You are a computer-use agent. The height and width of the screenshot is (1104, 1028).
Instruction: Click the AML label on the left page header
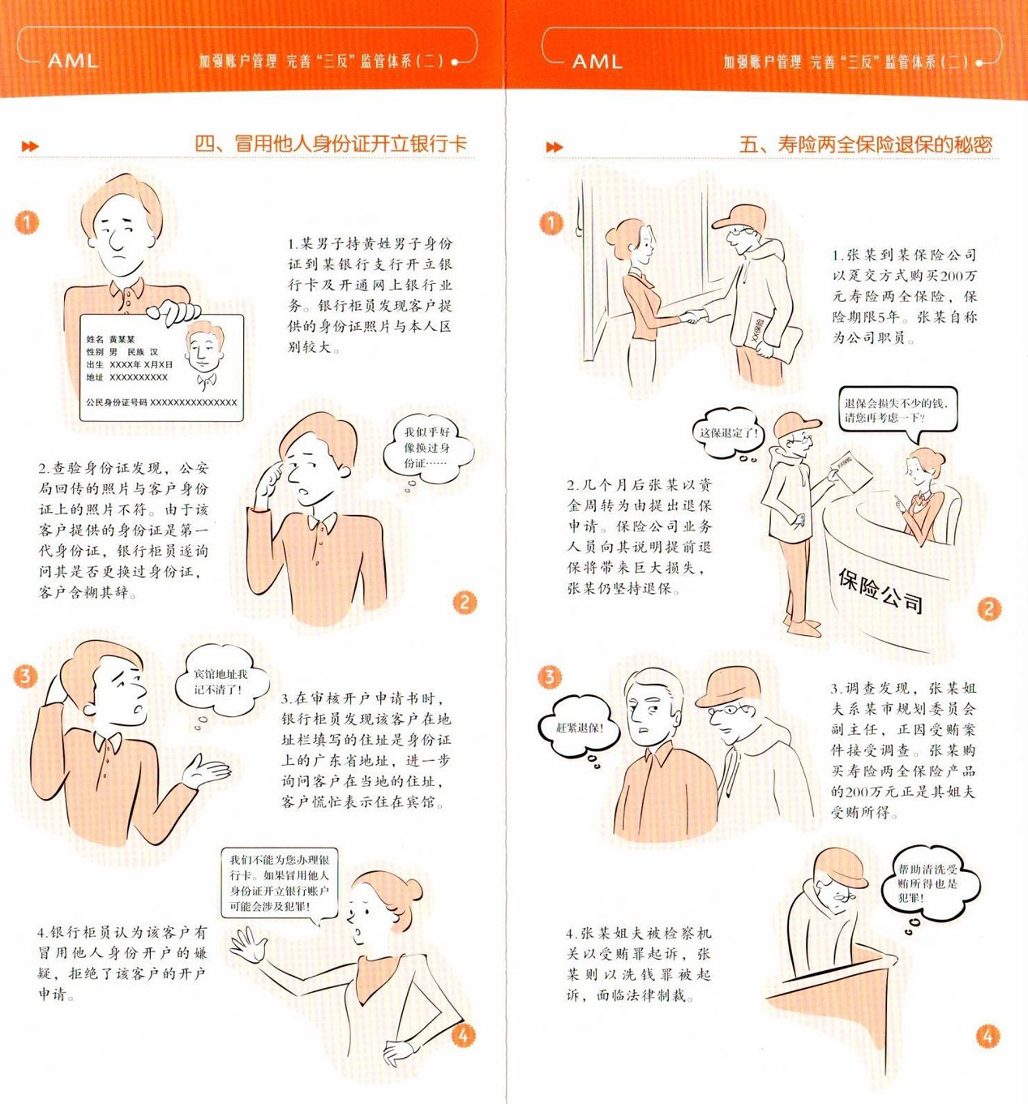[x=73, y=61]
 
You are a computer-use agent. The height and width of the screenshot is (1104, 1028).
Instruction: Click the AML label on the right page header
[x=598, y=62]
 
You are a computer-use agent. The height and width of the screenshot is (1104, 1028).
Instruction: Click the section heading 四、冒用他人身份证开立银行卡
[x=331, y=144]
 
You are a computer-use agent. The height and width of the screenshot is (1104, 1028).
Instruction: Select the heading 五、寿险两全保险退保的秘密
[x=865, y=144]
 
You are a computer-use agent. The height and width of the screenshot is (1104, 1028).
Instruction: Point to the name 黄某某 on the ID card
[x=122, y=339]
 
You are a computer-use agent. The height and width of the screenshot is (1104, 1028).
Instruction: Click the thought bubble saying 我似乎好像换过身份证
[x=427, y=448]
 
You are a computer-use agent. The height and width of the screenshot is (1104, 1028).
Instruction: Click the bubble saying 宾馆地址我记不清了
[x=220, y=681]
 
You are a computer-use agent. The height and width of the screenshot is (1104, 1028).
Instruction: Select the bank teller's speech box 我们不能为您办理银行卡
[x=279, y=883]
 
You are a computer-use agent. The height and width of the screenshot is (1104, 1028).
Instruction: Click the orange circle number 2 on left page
[x=464, y=603]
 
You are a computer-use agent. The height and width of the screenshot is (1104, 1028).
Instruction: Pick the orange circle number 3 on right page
[x=550, y=677]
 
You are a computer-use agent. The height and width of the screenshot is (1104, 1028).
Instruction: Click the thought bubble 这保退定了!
[x=728, y=433]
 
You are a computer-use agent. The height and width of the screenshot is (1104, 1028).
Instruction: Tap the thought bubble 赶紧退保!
[x=579, y=728]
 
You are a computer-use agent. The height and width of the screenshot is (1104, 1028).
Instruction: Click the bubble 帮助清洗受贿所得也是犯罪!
[x=927, y=883]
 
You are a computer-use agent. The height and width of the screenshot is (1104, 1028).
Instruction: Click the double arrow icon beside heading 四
[x=30, y=146]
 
